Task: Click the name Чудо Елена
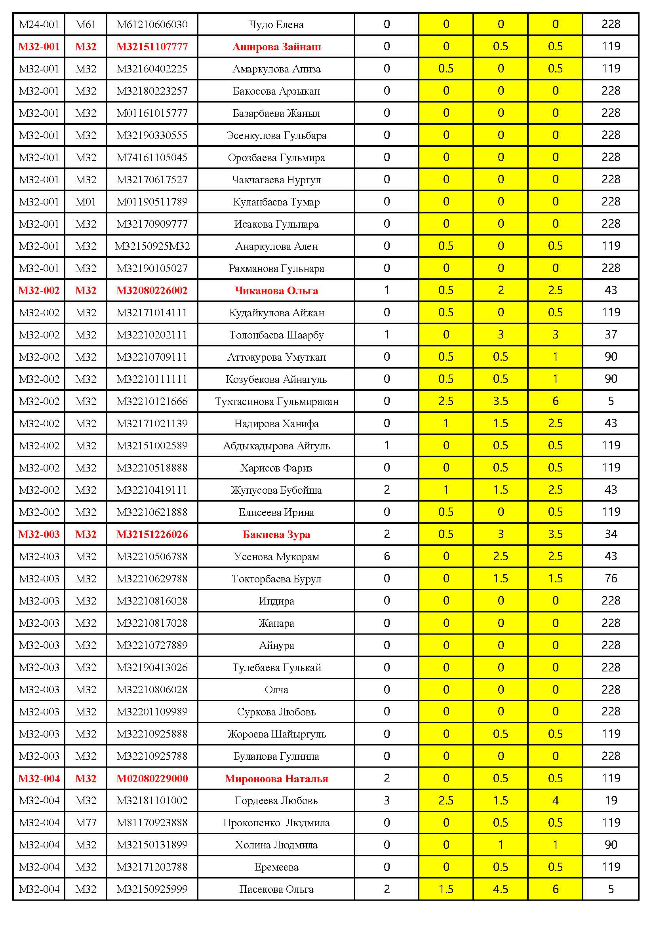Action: click(x=276, y=25)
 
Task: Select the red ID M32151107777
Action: click(x=152, y=47)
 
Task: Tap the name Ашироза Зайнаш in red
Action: click(x=276, y=47)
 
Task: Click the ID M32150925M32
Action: click(x=152, y=246)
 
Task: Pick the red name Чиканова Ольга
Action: click(x=276, y=290)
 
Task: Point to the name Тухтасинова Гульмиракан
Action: click(x=276, y=401)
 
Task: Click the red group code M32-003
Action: click(x=39, y=534)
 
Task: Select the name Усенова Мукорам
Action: click(x=276, y=557)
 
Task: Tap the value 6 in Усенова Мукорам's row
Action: click(x=387, y=557)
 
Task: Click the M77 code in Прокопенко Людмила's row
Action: click(x=86, y=823)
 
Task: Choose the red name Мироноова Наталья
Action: click(x=276, y=778)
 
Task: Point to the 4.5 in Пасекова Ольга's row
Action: click(x=500, y=889)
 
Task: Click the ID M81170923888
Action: click(x=152, y=823)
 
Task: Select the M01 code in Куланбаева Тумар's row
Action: click(x=86, y=202)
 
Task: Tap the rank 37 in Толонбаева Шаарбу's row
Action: click(x=611, y=335)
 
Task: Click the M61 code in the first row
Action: click(x=86, y=25)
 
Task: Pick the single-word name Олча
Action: click(x=276, y=690)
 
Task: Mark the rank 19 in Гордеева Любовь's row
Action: click(x=611, y=801)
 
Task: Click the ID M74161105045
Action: click(x=152, y=157)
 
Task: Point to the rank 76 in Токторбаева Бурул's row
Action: click(x=611, y=579)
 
